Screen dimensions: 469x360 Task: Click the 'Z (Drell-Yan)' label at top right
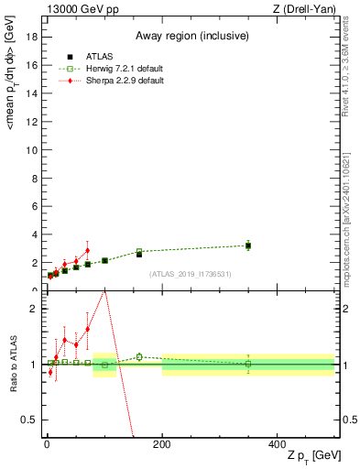coord(303,8)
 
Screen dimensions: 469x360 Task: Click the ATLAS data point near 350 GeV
coord(248,245)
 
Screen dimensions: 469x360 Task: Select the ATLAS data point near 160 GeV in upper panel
coord(139,254)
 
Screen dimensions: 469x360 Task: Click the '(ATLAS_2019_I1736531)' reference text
coord(190,273)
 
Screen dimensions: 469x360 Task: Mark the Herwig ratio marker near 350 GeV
coord(248,364)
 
